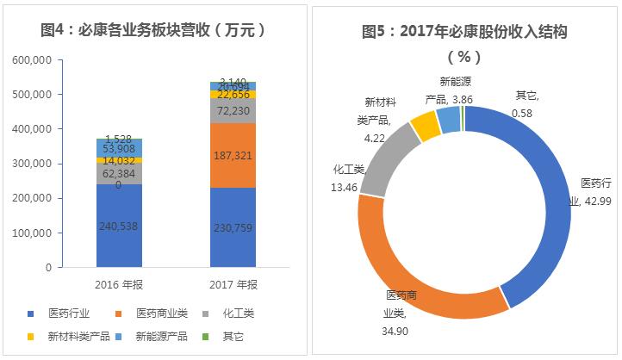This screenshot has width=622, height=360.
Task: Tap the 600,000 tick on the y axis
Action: click(x=35, y=59)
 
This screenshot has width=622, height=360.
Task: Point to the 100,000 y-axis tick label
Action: click(x=35, y=233)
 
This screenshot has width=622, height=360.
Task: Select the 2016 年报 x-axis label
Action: click(x=119, y=284)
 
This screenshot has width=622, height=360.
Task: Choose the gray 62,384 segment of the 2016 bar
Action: click(x=119, y=173)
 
